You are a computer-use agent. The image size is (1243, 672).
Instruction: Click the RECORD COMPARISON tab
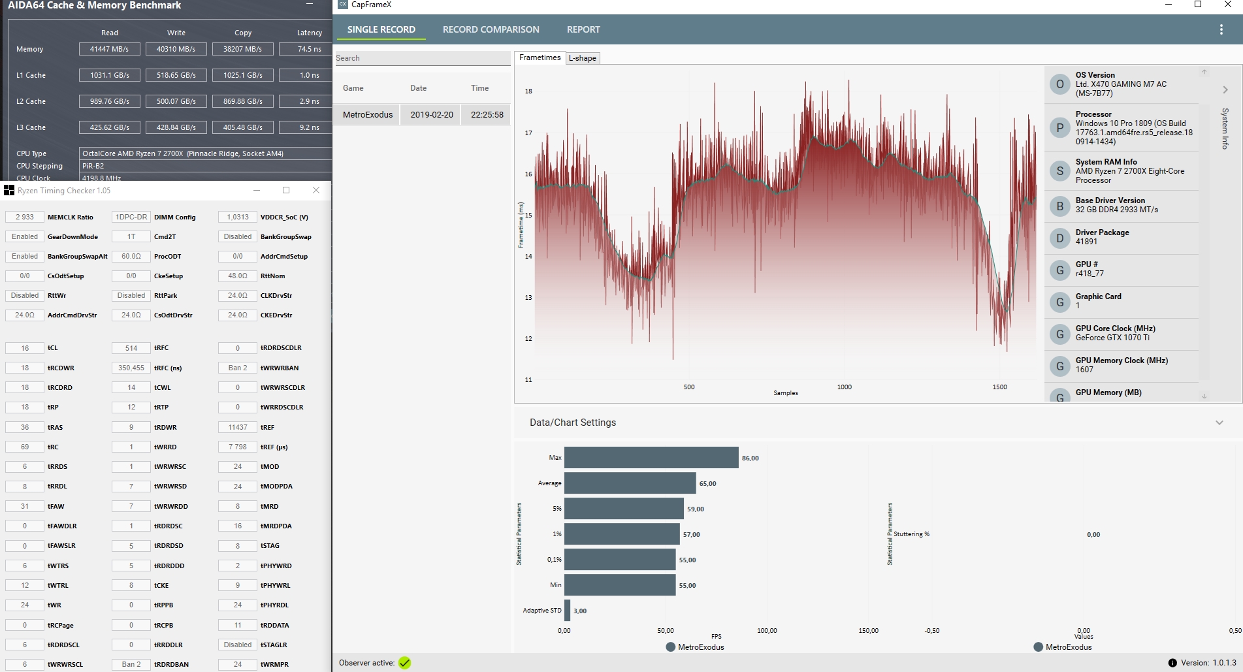[491, 29]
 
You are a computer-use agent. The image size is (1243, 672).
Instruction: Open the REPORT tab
[583, 29]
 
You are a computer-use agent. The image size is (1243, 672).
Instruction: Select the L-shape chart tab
[582, 58]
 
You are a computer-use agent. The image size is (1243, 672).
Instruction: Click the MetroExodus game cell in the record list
[368, 114]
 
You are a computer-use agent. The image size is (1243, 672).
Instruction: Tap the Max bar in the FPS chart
[651, 458]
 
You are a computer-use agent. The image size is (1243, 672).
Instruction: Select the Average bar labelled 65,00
[630, 483]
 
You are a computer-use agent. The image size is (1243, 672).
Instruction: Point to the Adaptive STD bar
[567, 611]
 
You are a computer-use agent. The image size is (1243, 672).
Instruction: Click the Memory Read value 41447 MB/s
[109, 49]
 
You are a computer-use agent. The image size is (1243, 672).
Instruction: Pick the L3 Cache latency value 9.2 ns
[309, 127]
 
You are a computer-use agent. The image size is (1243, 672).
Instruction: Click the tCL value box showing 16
[25, 348]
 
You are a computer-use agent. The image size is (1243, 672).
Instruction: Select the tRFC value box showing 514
[131, 348]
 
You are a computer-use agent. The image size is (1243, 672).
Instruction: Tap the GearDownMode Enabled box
[25, 236]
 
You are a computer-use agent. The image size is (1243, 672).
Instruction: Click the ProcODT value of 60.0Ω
[131, 256]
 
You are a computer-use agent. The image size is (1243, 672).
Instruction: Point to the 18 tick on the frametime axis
[528, 91]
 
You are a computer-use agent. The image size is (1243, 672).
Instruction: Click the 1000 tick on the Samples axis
[844, 387]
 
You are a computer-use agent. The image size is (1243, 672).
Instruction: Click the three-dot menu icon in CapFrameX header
[1221, 29]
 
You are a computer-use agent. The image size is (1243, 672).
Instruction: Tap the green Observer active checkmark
[405, 663]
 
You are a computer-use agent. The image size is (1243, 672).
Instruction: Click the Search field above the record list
[421, 58]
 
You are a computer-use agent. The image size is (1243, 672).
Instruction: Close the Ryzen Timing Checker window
[316, 190]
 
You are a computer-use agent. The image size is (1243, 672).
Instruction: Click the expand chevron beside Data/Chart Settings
[1219, 423]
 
